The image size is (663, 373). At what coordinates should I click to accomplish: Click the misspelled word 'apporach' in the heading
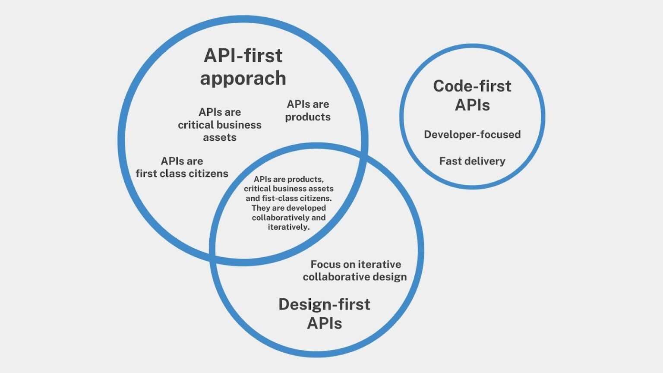[x=243, y=79]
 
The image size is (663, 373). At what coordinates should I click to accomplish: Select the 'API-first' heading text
[x=243, y=56]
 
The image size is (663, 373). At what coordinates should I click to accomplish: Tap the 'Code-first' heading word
[x=472, y=86]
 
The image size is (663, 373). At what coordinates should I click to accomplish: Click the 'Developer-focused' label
[x=472, y=134]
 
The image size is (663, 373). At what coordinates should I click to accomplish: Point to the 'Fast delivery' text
[x=472, y=161]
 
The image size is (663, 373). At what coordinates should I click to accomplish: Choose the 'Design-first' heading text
[x=324, y=304]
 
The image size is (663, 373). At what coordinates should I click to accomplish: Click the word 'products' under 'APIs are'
[x=308, y=117]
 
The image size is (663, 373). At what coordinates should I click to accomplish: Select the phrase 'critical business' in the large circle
[x=220, y=125]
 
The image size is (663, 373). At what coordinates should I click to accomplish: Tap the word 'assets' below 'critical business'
[x=220, y=138]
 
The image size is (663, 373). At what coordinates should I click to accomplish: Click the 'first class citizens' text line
[x=182, y=174]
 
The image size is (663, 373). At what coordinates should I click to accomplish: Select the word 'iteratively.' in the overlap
[x=289, y=227]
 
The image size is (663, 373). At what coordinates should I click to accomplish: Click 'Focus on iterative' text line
[x=356, y=264]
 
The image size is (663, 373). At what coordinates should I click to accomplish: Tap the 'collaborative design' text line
[x=355, y=277]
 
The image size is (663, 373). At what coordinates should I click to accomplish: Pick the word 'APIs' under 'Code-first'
[x=472, y=105]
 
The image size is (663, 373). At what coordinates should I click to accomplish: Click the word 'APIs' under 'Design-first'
[x=324, y=323]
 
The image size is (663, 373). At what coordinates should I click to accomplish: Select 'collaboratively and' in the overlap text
[x=289, y=218]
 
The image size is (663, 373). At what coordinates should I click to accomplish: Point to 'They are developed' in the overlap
[x=289, y=208]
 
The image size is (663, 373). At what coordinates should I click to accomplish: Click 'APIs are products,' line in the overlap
[x=289, y=179]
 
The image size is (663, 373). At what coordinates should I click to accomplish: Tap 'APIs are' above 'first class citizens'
[x=182, y=161]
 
